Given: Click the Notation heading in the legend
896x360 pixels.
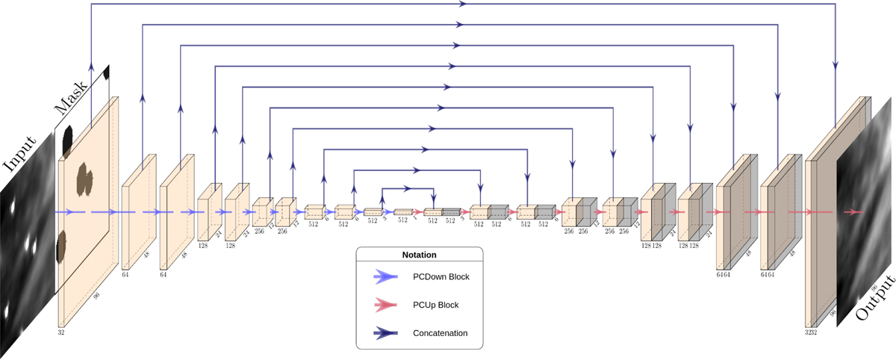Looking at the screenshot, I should coord(419,255).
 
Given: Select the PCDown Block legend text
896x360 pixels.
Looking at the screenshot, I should coord(445,276).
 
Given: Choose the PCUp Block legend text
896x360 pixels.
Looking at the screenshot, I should coord(441,305).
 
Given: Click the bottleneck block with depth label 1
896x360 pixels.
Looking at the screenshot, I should coord(403,212).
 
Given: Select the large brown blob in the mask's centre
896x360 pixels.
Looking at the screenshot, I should coord(84,179).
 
